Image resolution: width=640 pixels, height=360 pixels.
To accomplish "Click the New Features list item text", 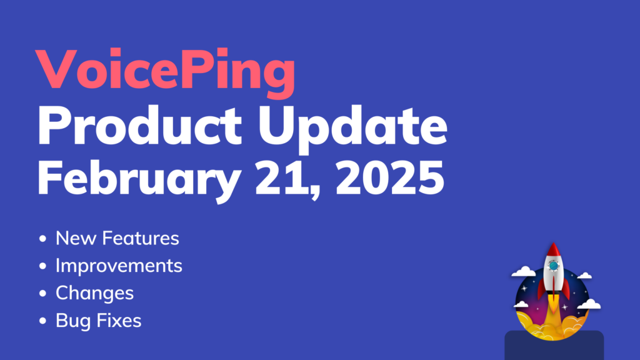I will [117, 238].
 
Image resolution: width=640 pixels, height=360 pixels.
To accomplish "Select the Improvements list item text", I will [119, 266].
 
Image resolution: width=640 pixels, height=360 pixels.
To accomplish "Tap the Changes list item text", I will [94, 293].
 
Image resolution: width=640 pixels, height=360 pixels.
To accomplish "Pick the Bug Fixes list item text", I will [98, 321].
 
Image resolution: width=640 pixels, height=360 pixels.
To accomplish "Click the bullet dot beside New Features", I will [42, 239].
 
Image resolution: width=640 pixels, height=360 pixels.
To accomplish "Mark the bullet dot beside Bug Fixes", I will [42, 322].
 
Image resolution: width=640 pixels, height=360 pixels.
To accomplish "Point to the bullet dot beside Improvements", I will [42, 266].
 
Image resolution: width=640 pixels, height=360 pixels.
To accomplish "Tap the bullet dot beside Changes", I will [42, 294].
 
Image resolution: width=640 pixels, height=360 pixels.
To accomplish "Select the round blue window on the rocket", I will [553, 266].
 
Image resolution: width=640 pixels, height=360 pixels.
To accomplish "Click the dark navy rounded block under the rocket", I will [554, 346].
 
